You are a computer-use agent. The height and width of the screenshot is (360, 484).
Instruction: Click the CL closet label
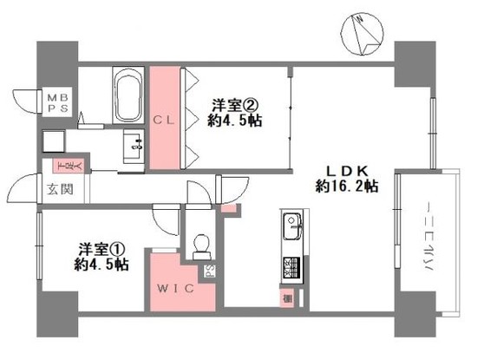[165, 121]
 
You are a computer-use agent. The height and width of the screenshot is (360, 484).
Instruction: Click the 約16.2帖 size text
[345, 186]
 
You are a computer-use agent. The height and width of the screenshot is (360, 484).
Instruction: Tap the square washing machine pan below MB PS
[53, 140]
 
